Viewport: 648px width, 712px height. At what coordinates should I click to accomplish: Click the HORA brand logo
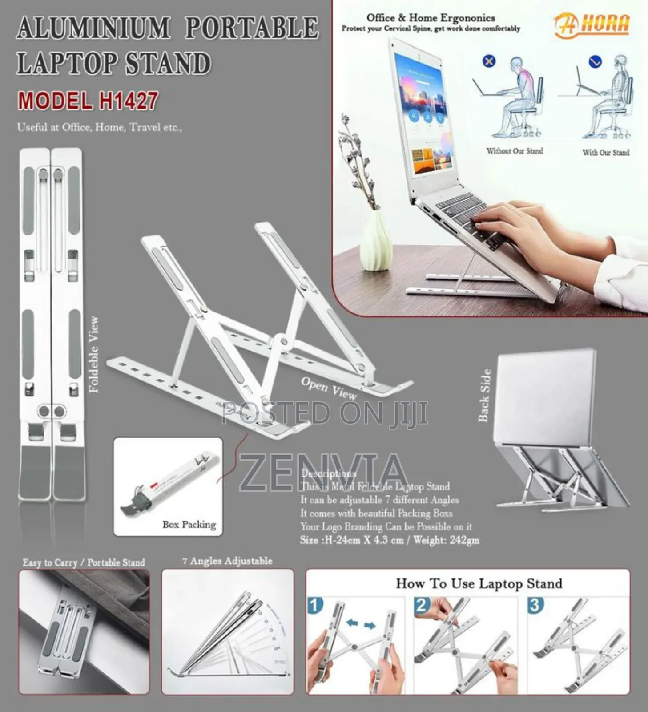(x=592, y=25)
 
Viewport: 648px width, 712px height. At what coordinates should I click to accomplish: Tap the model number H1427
(x=128, y=101)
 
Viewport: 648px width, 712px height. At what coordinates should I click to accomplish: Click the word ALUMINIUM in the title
(x=93, y=28)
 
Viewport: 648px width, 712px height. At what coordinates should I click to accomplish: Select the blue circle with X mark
(x=489, y=61)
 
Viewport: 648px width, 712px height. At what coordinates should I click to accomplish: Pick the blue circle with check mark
(x=595, y=61)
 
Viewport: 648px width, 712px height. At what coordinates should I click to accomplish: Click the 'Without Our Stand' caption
(x=515, y=151)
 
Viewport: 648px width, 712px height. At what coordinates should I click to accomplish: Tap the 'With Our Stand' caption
(x=606, y=153)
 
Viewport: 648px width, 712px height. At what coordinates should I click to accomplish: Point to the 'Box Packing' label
(x=189, y=525)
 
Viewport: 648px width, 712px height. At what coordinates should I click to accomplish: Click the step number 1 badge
(x=315, y=606)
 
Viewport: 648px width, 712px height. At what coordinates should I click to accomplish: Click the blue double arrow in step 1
(x=361, y=624)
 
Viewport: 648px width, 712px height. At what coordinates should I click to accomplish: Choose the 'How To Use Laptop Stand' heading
(x=479, y=583)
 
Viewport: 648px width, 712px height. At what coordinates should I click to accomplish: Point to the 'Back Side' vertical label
(x=484, y=395)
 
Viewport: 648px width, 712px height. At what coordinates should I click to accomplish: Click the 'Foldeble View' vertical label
(x=93, y=355)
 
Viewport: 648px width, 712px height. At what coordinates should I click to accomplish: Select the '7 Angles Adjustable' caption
(x=227, y=561)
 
